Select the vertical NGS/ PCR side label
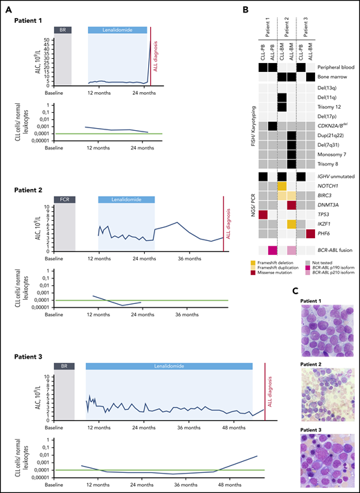pyautogui.click(x=244, y=205)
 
